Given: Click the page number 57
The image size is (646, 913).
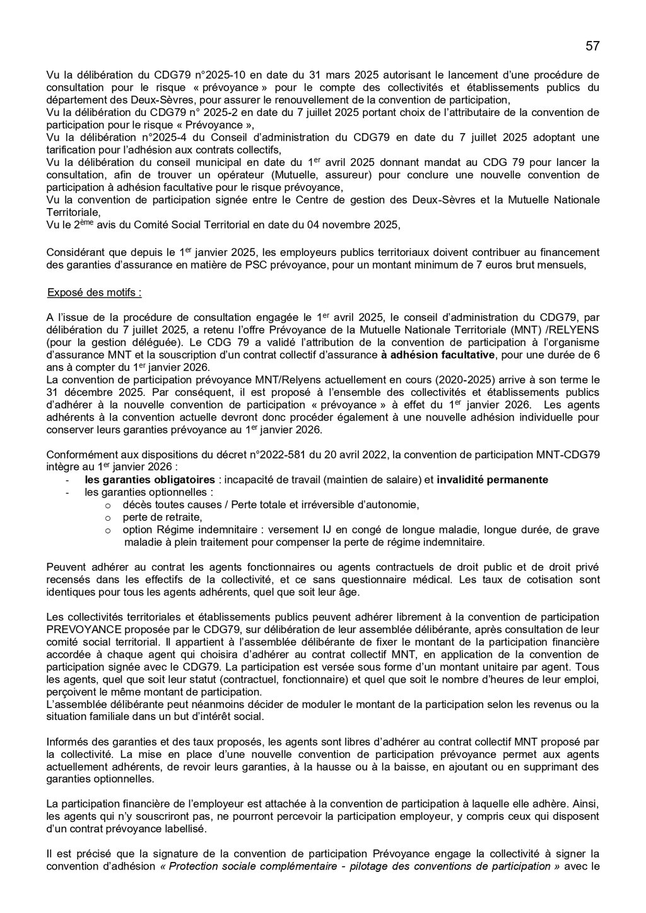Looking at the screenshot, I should tap(592, 46).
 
